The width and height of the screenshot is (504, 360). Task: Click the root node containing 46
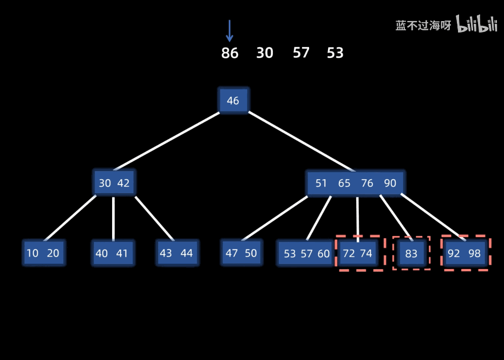[x=233, y=101]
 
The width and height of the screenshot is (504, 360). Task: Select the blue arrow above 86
[x=230, y=31]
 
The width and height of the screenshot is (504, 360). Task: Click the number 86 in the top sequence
[x=230, y=53]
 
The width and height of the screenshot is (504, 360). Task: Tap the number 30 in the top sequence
[x=265, y=53]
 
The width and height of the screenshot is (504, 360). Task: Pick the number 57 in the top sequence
[x=301, y=53]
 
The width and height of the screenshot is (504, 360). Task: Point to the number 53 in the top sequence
[x=335, y=53]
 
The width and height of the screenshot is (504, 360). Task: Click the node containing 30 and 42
[x=114, y=183]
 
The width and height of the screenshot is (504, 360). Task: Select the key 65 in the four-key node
[x=344, y=183]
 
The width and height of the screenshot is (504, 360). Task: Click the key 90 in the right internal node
[x=390, y=183]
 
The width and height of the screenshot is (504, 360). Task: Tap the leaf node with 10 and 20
[x=43, y=253]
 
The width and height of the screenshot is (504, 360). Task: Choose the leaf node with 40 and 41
[x=112, y=253]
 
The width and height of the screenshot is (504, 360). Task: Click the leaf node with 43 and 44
[x=176, y=253]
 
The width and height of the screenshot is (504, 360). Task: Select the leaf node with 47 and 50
[x=241, y=253]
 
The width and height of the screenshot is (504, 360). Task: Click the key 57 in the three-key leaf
[x=306, y=253]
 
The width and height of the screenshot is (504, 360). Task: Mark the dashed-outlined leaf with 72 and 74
[x=358, y=253]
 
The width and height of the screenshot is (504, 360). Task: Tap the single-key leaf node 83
[x=411, y=253]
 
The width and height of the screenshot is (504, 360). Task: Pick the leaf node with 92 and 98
[x=464, y=253]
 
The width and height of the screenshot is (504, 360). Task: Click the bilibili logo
[x=476, y=24]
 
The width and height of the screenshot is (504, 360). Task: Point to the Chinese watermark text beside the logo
[x=423, y=25]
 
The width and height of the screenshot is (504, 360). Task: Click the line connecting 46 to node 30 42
[x=168, y=141]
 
